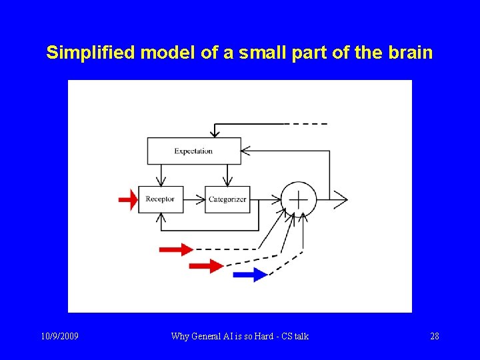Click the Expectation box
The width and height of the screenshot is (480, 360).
tap(193, 151)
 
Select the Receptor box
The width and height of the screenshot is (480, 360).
tap(160, 199)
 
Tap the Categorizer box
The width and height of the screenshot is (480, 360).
tap(227, 199)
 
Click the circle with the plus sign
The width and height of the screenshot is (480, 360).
tap(298, 199)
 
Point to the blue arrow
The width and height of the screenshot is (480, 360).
tap(250, 275)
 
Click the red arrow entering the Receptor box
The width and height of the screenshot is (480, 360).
tap(128, 199)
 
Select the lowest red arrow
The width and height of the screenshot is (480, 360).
tap(206, 266)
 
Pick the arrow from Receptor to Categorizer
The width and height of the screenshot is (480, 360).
tap(194, 199)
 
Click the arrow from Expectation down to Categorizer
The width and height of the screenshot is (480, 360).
tap(228, 175)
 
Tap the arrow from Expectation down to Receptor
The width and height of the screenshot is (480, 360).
tap(160, 175)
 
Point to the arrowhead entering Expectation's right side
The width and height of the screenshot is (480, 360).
tap(246, 151)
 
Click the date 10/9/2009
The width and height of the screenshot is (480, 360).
tap(59, 336)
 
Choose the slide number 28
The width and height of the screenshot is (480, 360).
tap(434, 336)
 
